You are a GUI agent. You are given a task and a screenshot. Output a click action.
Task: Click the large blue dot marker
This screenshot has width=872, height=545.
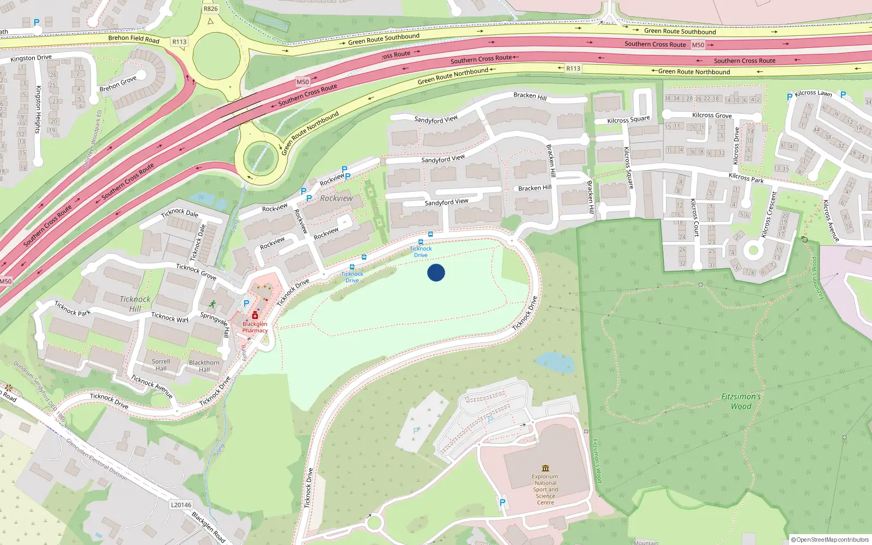pyautogui.click(x=436, y=272)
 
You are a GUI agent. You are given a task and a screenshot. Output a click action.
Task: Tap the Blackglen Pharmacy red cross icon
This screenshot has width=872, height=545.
pyautogui.click(x=255, y=316)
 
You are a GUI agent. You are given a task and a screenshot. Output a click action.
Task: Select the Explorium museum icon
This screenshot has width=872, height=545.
pyautogui.click(x=546, y=468)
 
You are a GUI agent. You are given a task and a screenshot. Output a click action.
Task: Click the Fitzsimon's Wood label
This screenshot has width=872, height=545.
pyautogui.click(x=741, y=401)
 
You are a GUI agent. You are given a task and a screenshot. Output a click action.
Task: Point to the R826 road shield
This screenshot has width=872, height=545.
pyautogui.click(x=210, y=9)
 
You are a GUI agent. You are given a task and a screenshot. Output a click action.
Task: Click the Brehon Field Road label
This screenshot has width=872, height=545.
pyautogui.click(x=134, y=39)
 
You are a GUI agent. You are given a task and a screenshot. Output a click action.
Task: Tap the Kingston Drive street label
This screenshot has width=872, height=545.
pyautogui.click(x=31, y=58)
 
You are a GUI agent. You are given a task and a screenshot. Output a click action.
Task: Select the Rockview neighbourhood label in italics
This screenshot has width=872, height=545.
pyautogui.click(x=336, y=198)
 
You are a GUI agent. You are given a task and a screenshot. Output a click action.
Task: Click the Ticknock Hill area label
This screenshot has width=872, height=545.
pyautogui.click(x=135, y=304)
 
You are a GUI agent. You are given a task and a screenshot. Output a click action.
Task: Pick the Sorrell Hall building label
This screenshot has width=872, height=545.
pyautogui.click(x=161, y=365)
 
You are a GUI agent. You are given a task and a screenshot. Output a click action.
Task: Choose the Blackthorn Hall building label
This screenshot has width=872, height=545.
pyautogui.click(x=204, y=366)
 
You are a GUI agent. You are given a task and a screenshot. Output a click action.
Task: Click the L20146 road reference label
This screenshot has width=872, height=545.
pyautogui.click(x=181, y=505)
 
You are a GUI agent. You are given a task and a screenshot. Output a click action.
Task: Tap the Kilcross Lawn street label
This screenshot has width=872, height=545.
pyautogui.click(x=813, y=93)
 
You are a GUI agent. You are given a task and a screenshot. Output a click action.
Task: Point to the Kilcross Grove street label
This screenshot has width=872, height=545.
pyautogui.click(x=712, y=116)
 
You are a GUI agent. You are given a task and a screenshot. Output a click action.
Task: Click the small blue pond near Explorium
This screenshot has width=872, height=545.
pyautogui.click(x=555, y=362)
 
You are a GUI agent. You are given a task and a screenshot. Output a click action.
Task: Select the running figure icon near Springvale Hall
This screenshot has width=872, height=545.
pyautogui.click(x=211, y=304)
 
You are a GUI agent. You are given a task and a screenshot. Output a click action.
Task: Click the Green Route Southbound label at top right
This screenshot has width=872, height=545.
pyautogui.click(x=680, y=31)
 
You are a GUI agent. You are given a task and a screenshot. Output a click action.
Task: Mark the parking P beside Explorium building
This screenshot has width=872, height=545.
pyautogui.click(x=502, y=502)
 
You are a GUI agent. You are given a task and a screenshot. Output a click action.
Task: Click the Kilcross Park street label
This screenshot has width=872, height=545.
pyautogui.click(x=746, y=178)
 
